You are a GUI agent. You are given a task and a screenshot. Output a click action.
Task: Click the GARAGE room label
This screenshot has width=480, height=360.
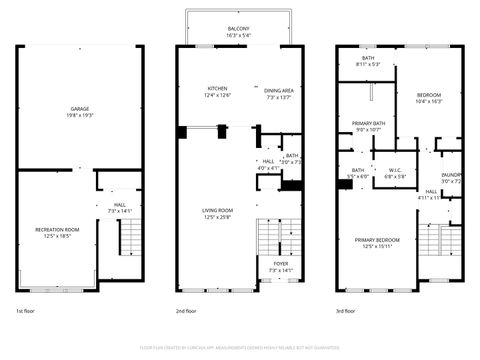[x=79, y=108]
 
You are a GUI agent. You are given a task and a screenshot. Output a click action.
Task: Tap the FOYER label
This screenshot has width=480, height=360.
[x=281, y=265]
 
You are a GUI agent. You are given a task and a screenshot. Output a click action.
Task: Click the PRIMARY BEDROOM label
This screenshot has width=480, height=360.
[x=376, y=240]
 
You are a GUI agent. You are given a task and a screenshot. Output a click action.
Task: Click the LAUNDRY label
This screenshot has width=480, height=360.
[x=451, y=176]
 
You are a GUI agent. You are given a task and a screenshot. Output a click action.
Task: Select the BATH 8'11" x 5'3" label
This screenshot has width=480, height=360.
[x=368, y=58]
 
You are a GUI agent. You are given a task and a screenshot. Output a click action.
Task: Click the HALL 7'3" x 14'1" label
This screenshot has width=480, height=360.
[x=119, y=207]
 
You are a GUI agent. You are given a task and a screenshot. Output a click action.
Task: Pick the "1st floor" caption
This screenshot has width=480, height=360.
[x=27, y=312]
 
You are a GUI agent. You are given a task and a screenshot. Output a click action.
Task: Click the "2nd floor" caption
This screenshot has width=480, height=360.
[x=187, y=312]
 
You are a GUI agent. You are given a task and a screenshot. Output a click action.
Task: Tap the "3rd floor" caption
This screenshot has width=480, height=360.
[x=347, y=312]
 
